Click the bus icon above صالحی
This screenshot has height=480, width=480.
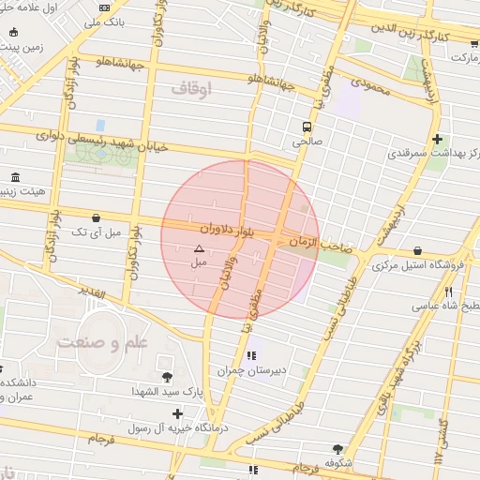coord(307,127)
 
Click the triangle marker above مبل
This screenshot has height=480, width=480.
coord(198,249)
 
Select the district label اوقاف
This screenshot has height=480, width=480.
coord(193,89)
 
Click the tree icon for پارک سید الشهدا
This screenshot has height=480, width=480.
coord(167,377)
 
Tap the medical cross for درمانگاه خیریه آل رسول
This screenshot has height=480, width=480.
coord(177,413)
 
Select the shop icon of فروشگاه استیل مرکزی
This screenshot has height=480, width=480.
coord(416,251)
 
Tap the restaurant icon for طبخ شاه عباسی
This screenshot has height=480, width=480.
coord(448,292)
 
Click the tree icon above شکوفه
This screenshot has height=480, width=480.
coord(337,449)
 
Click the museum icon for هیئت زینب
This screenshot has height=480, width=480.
coord(15,178)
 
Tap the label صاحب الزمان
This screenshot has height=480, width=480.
coord(319,243)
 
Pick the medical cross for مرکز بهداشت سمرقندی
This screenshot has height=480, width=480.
coord(437,140)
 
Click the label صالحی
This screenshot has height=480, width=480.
coord(307,143)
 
